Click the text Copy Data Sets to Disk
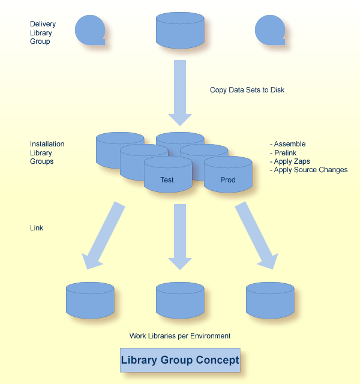coord(247,90)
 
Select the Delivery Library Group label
coord(43,33)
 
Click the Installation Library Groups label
coord(47,153)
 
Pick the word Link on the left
coord(37,228)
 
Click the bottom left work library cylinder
coord(90,300)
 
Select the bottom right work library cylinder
coord(270,300)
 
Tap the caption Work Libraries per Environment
coord(180,336)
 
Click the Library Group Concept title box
coord(180,361)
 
